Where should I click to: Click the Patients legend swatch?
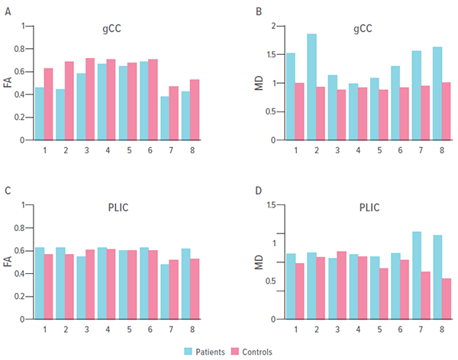coord(189,351)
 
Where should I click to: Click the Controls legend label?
coord(256,352)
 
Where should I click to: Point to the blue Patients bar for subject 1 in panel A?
coord(40,114)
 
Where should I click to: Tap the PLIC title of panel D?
coord(369,207)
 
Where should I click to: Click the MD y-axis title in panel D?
coord(260,262)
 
